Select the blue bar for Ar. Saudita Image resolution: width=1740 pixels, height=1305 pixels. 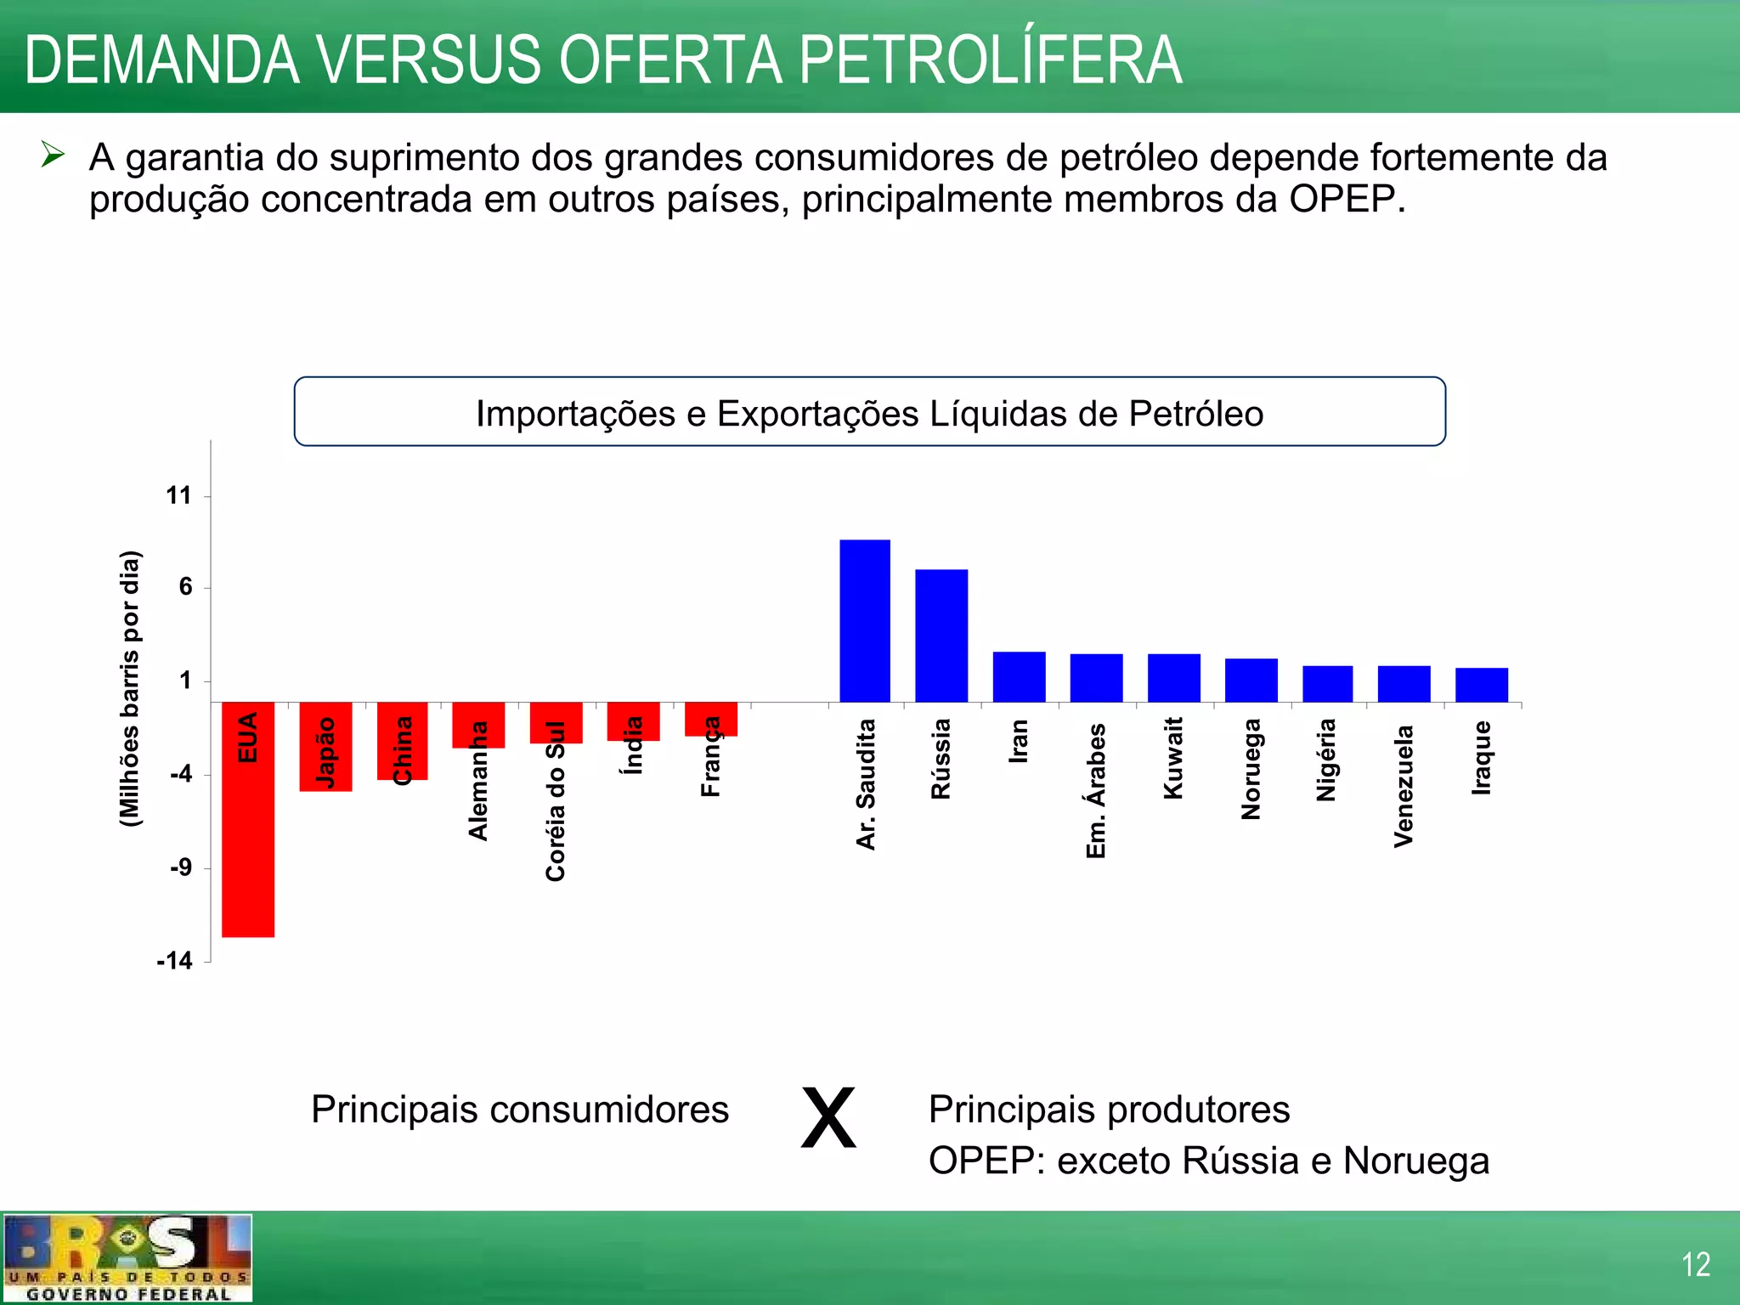click(x=865, y=621)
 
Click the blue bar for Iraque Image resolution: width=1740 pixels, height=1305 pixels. click(x=1481, y=685)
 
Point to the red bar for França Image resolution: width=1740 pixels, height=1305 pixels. click(x=710, y=720)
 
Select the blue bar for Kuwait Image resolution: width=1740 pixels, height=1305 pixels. click(x=1173, y=678)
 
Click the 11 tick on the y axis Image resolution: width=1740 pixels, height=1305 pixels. click(x=178, y=496)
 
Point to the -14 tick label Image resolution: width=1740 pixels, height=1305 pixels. click(x=175, y=961)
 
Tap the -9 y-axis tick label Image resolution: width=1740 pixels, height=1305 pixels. click(x=180, y=868)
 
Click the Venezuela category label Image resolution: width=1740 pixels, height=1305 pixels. click(x=1404, y=786)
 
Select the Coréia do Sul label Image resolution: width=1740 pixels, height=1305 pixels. click(x=555, y=801)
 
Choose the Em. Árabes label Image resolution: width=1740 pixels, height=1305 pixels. click(x=1096, y=790)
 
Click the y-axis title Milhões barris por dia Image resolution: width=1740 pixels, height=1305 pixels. click(x=130, y=688)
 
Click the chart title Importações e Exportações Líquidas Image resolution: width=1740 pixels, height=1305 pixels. click(x=869, y=414)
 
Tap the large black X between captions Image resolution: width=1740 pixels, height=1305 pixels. click(x=828, y=1118)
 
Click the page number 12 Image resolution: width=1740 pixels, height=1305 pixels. click(x=1695, y=1265)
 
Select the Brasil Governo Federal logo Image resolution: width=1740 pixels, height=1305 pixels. click(x=127, y=1258)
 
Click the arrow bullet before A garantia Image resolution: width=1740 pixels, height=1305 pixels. click(x=53, y=155)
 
